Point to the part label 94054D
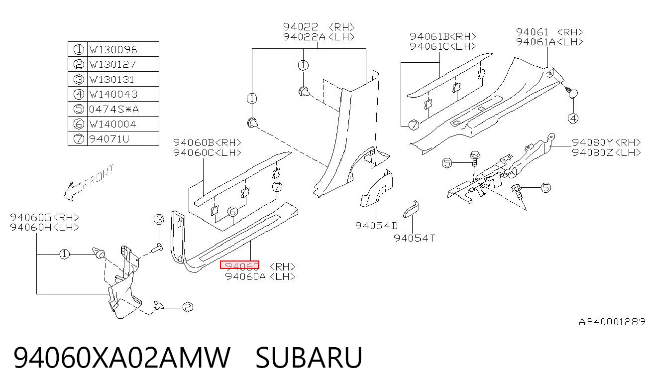[x=376, y=226]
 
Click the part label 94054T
[x=414, y=238]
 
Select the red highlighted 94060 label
[x=240, y=265]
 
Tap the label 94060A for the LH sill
[x=245, y=276]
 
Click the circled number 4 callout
[x=573, y=119]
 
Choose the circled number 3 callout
[x=159, y=220]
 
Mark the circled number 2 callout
[x=188, y=307]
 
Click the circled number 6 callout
[x=233, y=212]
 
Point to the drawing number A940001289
[x=612, y=322]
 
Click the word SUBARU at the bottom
[x=309, y=358]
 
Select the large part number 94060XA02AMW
[x=122, y=358]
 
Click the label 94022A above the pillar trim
[x=304, y=37]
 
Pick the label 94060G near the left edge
[x=30, y=218]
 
